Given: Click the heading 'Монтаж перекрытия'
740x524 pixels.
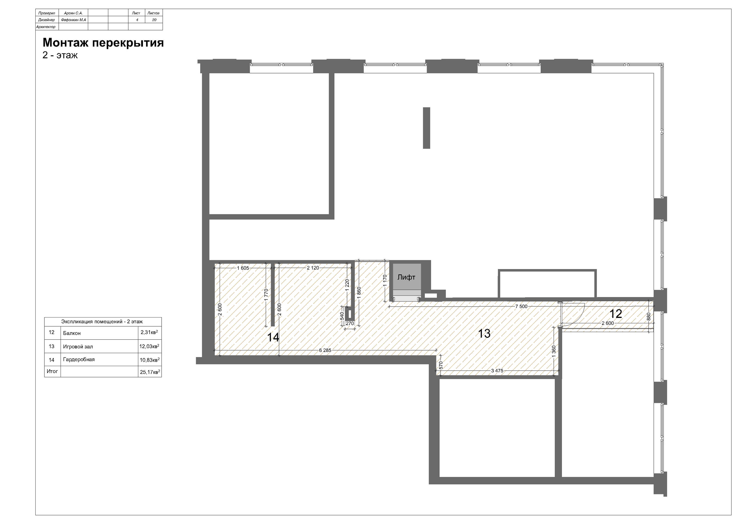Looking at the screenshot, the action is click(103, 43).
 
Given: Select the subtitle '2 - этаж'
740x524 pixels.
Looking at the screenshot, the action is click(60, 55).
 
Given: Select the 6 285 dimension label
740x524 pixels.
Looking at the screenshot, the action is click(325, 350).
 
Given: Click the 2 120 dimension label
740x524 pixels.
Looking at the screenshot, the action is click(313, 268).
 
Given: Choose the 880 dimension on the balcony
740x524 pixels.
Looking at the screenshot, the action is click(649, 317).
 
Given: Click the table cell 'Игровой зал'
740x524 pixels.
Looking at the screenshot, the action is click(78, 347).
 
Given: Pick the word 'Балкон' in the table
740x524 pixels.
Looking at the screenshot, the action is click(72, 333).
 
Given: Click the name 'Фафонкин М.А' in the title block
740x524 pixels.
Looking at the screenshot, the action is click(74, 20).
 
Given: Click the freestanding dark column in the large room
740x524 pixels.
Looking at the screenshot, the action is click(426, 128).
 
